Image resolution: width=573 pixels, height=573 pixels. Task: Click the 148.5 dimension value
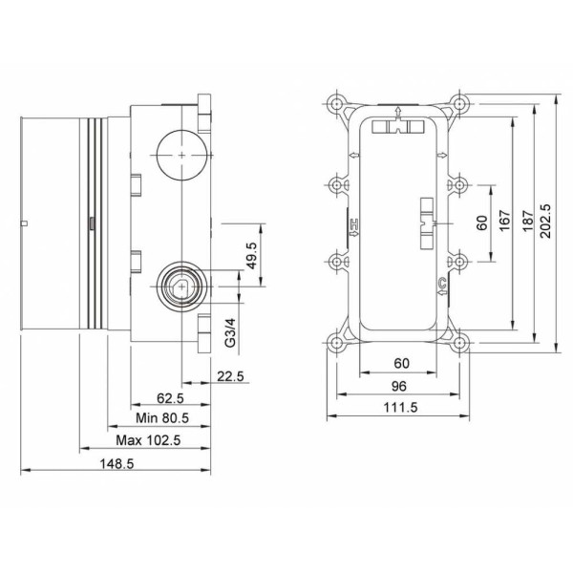(117, 464)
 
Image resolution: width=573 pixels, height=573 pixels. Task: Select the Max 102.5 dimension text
(148, 440)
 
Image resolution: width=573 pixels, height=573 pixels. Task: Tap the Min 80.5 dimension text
(162, 417)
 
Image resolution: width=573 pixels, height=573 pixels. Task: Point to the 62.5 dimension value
(170, 398)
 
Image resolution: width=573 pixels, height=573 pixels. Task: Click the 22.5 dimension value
(230, 375)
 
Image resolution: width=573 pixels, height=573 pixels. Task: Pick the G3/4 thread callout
(230, 332)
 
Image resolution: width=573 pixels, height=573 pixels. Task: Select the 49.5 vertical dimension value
(252, 255)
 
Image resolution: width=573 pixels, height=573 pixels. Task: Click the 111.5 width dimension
(400, 407)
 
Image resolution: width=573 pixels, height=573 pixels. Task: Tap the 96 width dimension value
(398, 386)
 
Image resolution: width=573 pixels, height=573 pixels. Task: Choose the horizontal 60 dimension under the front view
(402, 363)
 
